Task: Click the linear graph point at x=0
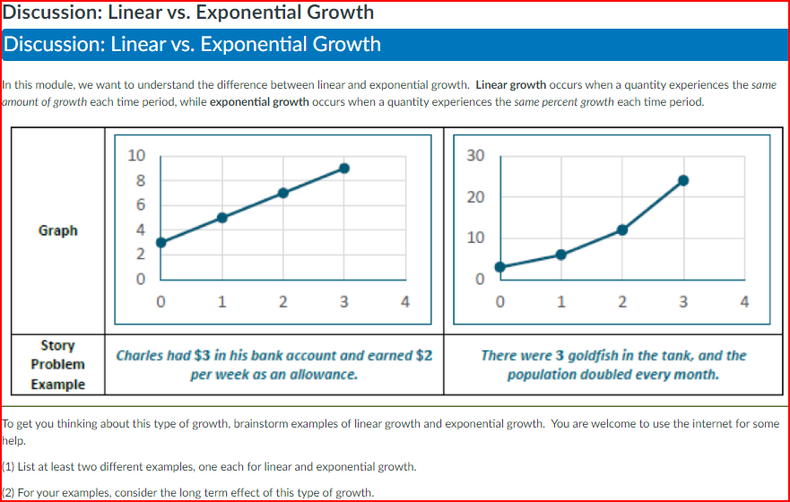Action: pos(161,242)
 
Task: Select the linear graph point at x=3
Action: pos(344,168)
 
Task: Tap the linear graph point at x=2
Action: pos(283,193)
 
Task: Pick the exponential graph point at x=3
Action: pos(683,180)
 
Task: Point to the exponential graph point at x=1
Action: pos(561,255)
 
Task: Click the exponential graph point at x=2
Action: pos(622,229)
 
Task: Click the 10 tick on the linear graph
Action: pos(135,155)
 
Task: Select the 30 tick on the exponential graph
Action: pos(475,155)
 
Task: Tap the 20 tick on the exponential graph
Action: pos(475,197)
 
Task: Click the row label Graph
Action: pos(57,230)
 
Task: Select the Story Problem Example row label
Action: pos(57,365)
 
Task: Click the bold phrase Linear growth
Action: pos(510,85)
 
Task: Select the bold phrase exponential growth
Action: pos(258,102)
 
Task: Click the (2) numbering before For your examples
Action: pos(9,492)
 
